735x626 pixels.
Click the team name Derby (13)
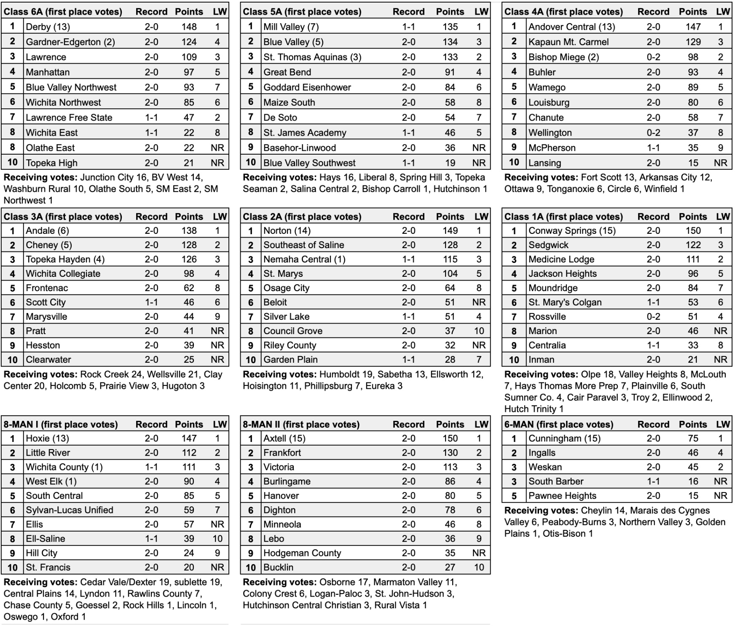pyautogui.click(x=48, y=27)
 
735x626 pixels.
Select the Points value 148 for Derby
pyautogui.click(x=189, y=27)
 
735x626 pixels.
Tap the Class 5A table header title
pyautogui.click(x=302, y=12)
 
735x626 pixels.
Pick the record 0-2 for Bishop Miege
pyautogui.click(x=653, y=57)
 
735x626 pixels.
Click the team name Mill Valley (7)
pyautogui.click(x=291, y=27)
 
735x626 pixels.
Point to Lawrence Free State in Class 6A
pyautogui.click(x=69, y=118)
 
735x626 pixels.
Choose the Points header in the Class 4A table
pyautogui.click(x=692, y=12)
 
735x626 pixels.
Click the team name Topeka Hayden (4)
pyautogui.click(x=65, y=259)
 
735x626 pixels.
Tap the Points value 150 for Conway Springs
pyautogui.click(x=692, y=231)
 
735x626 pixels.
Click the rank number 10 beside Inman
pyautogui.click(x=514, y=360)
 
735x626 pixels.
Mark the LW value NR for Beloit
pyautogui.click(x=479, y=302)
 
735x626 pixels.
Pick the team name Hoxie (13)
pyautogui.click(x=47, y=439)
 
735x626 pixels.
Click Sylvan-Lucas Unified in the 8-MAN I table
pyautogui.click(x=70, y=510)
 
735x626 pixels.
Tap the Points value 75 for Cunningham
pyautogui.click(x=692, y=439)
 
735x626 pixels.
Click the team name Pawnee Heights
pyautogui.click(x=562, y=496)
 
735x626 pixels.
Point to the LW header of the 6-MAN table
pyautogui.click(x=723, y=425)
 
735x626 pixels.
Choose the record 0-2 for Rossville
pyautogui.click(x=653, y=317)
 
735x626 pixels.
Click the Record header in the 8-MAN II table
pyautogui.click(x=408, y=425)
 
